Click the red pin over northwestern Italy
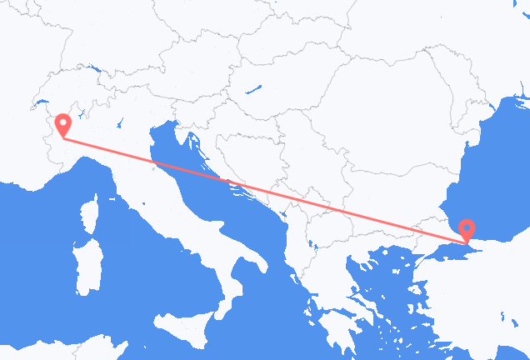point(62,125)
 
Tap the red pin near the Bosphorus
point(467,227)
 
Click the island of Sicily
point(183,326)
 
